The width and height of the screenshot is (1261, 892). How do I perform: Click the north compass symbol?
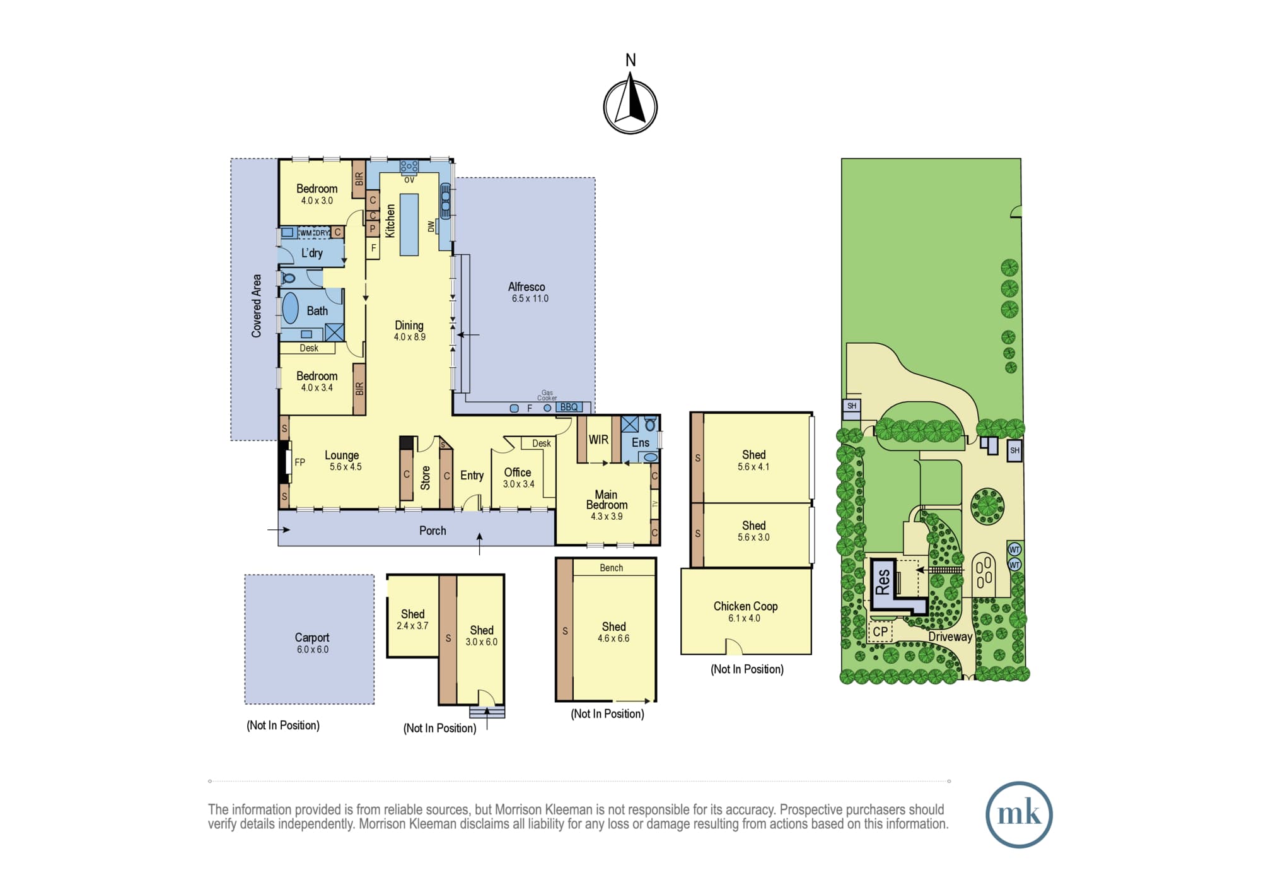pos(630,106)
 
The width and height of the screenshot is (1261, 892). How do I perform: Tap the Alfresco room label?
pos(526,287)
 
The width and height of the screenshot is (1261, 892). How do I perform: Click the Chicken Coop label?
pos(745,606)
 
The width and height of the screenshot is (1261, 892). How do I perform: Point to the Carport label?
pos(312,638)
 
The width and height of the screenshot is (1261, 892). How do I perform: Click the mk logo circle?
pos(1019,814)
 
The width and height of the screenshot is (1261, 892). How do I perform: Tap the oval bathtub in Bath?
pos(290,308)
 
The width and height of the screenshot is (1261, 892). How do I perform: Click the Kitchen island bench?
pos(409,224)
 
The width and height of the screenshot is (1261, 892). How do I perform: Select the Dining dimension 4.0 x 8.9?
pos(410,337)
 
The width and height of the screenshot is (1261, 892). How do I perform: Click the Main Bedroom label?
pos(607,500)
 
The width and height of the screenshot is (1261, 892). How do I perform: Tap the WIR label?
pos(598,440)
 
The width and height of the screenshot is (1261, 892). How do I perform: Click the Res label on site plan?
pos(883,582)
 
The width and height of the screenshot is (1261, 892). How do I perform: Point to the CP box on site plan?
pos(880,631)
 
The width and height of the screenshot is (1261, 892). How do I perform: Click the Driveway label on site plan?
pos(950,637)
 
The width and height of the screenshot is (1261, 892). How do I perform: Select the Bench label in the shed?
pos(612,568)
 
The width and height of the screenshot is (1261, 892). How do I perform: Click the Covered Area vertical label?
pos(257,306)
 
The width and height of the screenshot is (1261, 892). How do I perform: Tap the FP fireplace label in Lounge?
pos(300,462)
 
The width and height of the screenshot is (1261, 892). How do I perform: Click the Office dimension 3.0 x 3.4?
pos(518,484)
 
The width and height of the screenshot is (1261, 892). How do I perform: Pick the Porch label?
pos(433,531)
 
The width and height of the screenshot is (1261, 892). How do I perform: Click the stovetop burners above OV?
pos(409,167)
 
